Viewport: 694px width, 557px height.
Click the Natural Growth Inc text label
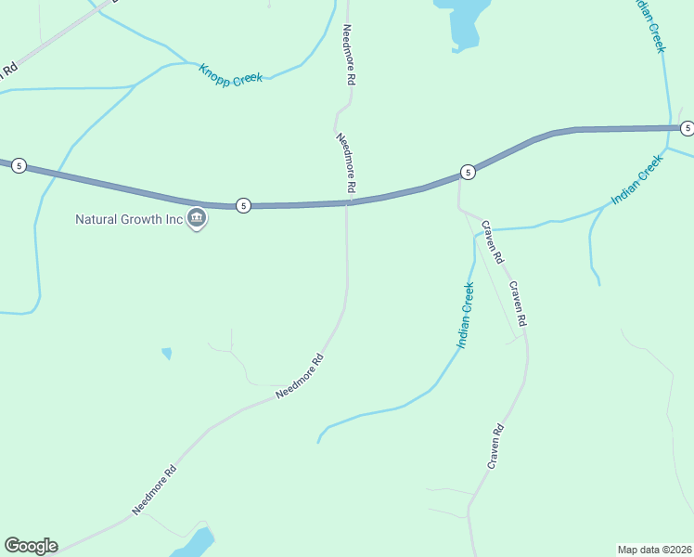pyautogui.click(x=128, y=220)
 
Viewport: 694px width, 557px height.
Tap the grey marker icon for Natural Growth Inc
pyautogui.click(x=197, y=219)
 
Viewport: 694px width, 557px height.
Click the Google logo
pyautogui.click(x=31, y=546)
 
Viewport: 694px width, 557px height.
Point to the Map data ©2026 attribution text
pyautogui.click(x=654, y=549)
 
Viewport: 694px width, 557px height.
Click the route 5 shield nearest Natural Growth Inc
pyautogui.click(x=242, y=205)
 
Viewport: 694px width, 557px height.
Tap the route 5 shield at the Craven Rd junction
pyautogui.click(x=468, y=172)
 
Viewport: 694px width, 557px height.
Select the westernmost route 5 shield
pyautogui.click(x=19, y=166)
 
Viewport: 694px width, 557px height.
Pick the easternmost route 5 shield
pyautogui.click(x=687, y=128)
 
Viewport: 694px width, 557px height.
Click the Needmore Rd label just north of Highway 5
pyautogui.click(x=346, y=162)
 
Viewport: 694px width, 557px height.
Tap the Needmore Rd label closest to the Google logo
pyautogui.click(x=154, y=489)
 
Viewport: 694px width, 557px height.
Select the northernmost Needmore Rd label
pyautogui.click(x=349, y=56)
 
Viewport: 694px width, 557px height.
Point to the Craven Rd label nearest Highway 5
pyautogui.click(x=492, y=241)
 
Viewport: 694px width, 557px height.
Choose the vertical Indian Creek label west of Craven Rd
pyautogui.click(x=466, y=317)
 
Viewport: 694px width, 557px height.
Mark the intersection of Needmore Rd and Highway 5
pyautogui.click(x=348, y=202)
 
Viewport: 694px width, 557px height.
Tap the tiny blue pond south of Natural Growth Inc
pyautogui.click(x=167, y=354)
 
